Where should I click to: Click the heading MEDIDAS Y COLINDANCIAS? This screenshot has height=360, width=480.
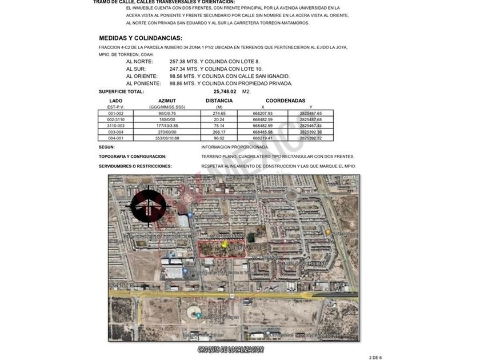pyautogui.click(x=141, y=38)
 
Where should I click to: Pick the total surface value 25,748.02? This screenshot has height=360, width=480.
pyautogui.click(x=225, y=91)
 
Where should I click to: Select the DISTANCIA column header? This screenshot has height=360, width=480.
pyautogui.click(x=219, y=101)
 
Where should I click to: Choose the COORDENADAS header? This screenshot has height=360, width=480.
pyautogui.click(x=286, y=101)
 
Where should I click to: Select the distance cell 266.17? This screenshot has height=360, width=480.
pyautogui.click(x=219, y=132)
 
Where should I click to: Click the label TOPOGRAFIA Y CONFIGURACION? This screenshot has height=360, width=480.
pyautogui.click(x=132, y=157)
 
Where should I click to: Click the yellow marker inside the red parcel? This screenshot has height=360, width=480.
pyautogui.click(x=224, y=245)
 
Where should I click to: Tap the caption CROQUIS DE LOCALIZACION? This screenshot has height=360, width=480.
pyautogui.click(x=231, y=349)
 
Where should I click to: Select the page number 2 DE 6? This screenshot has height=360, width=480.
pyautogui.click(x=375, y=357)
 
